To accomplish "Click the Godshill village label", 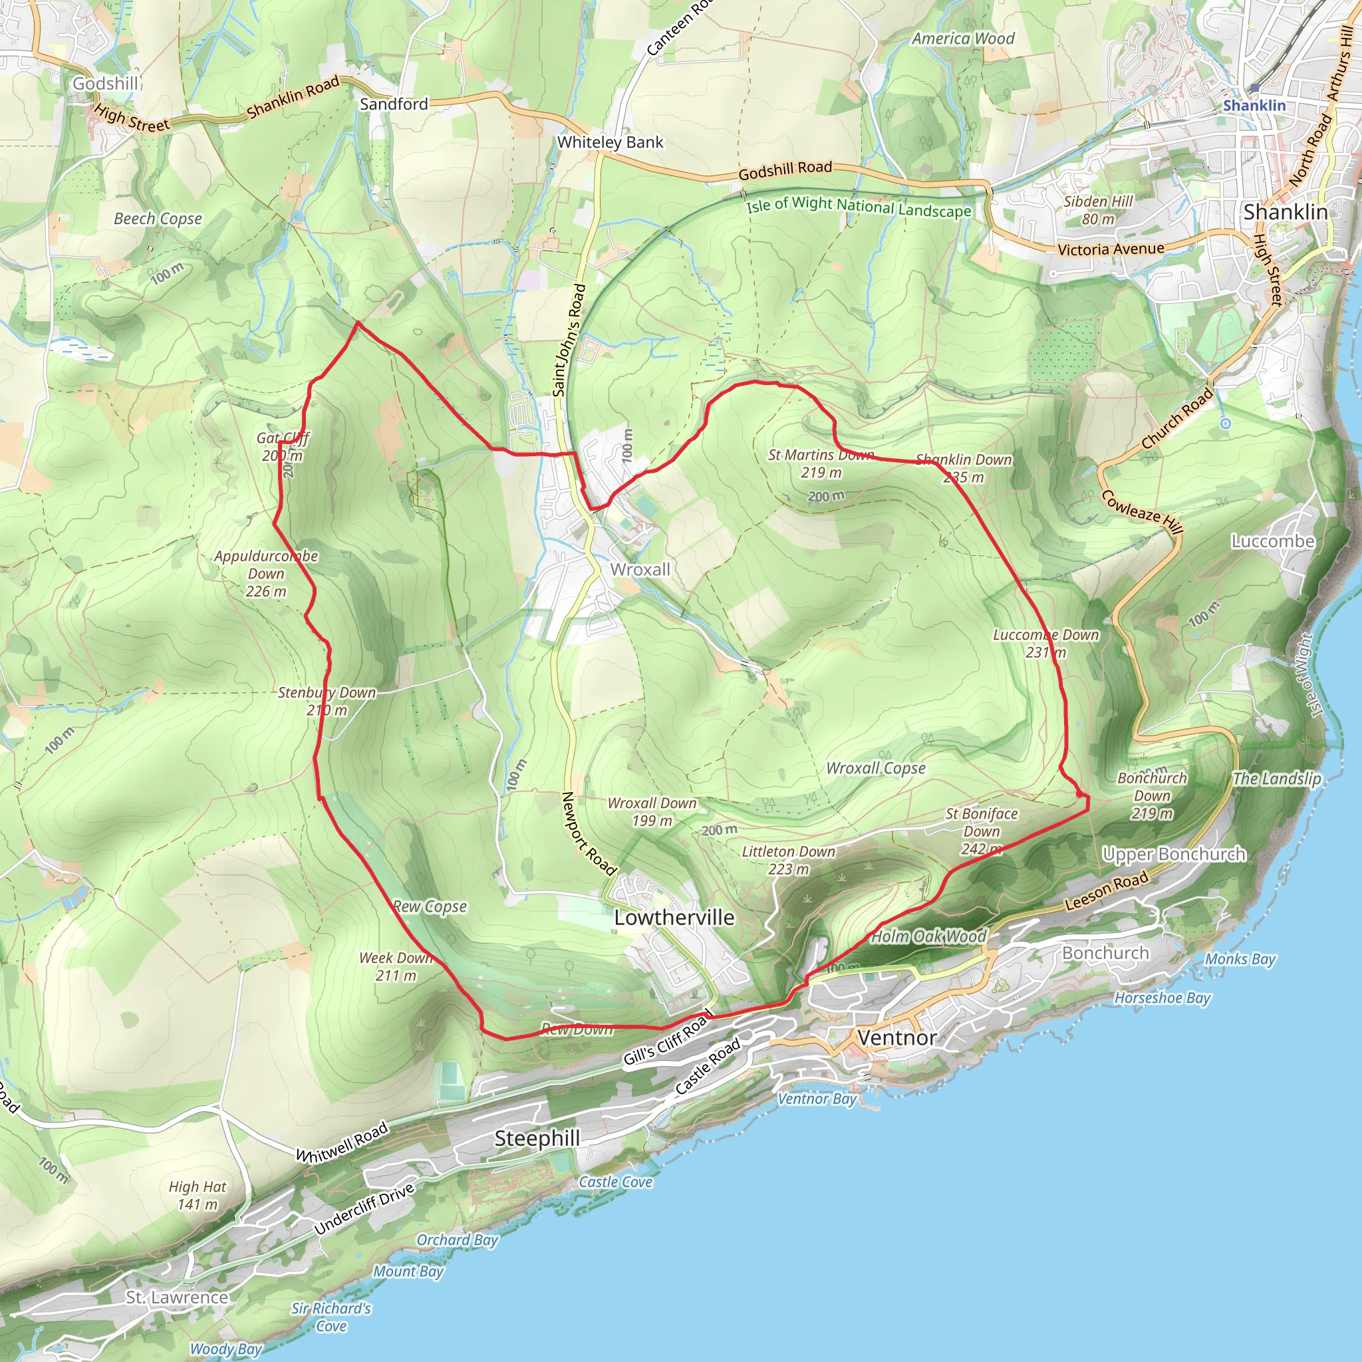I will [106, 84].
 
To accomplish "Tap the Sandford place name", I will [394, 104].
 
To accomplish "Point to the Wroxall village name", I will [640, 570].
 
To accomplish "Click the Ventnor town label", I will [896, 1037].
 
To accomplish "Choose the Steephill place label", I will [537, 1139].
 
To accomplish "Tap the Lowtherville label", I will [674, 918].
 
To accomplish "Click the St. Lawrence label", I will [177, 1297].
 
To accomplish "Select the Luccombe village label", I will [1273, 541].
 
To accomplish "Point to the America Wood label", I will [963, 39].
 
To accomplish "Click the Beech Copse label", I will [158, 219].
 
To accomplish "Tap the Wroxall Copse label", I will [876, 768].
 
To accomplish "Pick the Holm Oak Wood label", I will [928, 936].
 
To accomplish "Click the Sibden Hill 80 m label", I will [1099, 210].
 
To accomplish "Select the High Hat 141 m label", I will [198, 1196].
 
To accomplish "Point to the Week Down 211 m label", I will [396, 966].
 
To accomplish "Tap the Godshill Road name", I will [785, 170].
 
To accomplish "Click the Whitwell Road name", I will [342, 1143].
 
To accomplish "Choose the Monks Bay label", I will [1240, 960].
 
